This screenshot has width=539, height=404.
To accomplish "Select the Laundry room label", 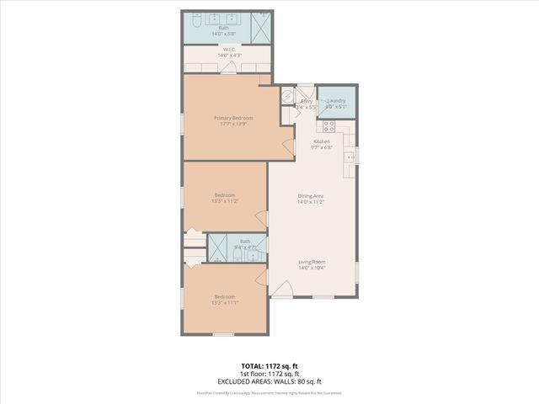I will click(336, 101).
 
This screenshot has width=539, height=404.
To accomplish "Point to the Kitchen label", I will click(322, 141).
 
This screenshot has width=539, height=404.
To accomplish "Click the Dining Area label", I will click(311, 196).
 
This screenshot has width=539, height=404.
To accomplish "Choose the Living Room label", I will click(311, 262).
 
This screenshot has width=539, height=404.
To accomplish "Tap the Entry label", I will click(307, 101).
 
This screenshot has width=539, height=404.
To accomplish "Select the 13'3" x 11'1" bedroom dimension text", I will click(225, 302).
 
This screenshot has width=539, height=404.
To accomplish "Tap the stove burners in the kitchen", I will click(328, 127).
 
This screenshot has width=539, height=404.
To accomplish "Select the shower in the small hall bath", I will click(217, 250).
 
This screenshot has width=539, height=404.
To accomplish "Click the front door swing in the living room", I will click(282, 291).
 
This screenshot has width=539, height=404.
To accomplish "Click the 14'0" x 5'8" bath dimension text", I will click(225, 33).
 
